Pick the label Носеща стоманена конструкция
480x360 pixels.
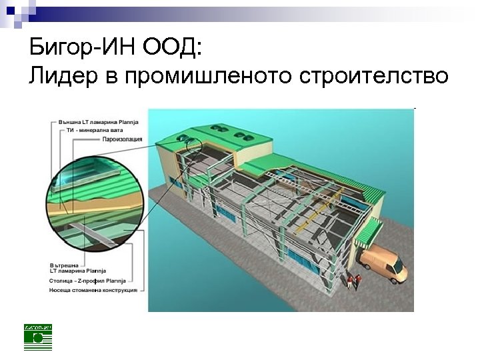93,290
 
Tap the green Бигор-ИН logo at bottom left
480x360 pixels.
37,337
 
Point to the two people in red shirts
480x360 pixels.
353,281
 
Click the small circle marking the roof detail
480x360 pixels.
193,146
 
